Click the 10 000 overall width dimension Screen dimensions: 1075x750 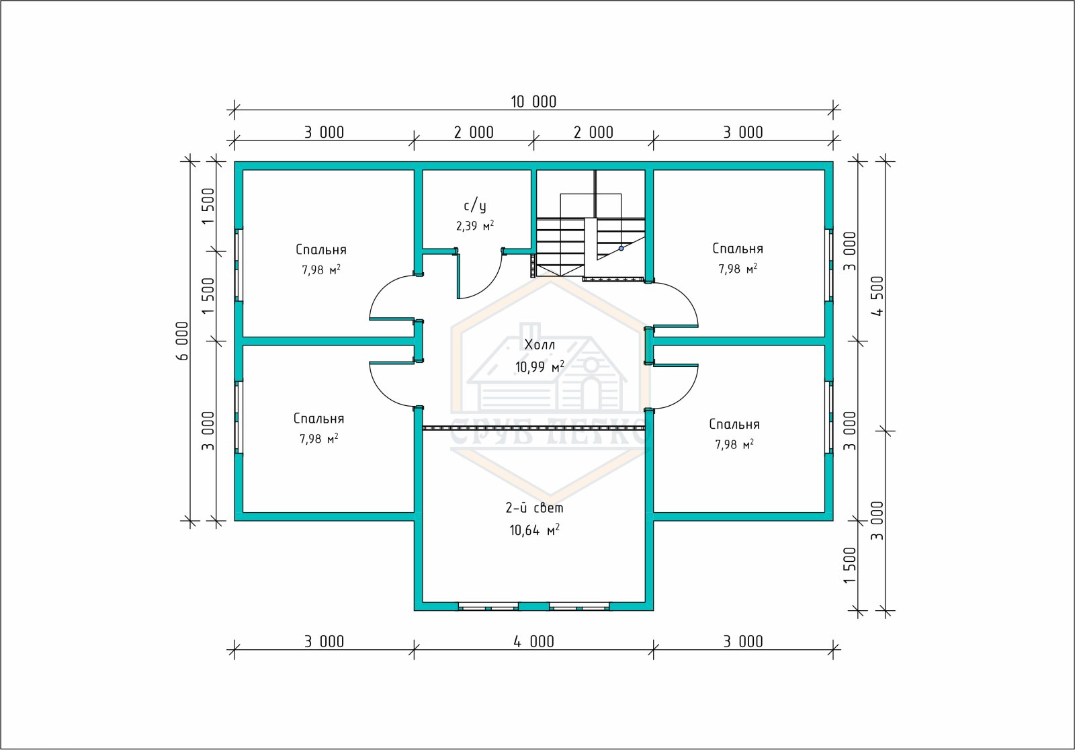(x=533, y=101)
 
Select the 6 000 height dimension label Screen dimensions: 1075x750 (x=183, y=341)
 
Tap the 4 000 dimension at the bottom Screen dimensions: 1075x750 (x=533, y=642)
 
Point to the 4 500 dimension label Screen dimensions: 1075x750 (x=877, y=296)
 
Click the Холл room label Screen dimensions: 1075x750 (x=540, y=345)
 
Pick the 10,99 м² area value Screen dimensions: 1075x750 (x=540, y=367)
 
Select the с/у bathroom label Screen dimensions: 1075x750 (x=475, y=206)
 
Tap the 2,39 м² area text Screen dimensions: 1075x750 (x=475, y=226)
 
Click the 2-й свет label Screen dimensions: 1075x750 (x=535, y=507)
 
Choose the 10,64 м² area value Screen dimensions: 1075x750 (x=535, y=530)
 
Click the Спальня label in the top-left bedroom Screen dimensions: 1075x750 (x=321, y=250)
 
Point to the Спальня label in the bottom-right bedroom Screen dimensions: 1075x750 (x=734, y=425)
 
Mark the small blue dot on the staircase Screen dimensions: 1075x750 (x=621, y=248)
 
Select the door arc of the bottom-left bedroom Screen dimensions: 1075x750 (x=382, y=394)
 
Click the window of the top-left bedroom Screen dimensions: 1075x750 (x=239, y=265)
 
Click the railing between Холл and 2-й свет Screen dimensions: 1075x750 (x=533, y=428)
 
